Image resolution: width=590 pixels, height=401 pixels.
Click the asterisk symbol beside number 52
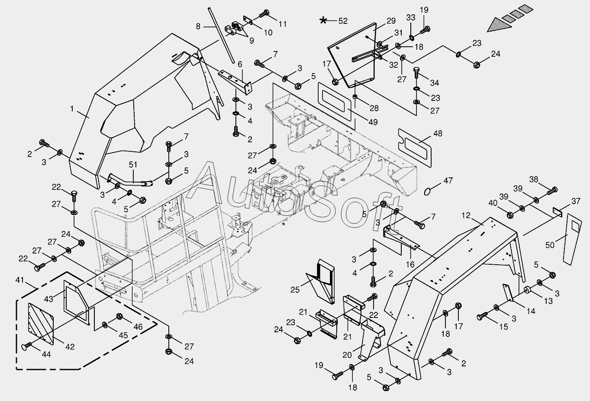323,20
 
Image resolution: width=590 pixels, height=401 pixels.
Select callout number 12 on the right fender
465,215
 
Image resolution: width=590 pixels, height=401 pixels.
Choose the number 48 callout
438,133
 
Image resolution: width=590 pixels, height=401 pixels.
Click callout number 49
373,122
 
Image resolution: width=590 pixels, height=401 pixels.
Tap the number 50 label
550,245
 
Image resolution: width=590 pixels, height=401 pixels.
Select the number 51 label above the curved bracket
133,164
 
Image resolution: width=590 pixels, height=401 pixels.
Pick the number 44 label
45,354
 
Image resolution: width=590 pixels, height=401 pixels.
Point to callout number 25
295,289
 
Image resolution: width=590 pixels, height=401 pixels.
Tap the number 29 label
391,21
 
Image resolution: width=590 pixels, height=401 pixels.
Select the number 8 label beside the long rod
198,26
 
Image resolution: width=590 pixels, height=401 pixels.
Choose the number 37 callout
575,201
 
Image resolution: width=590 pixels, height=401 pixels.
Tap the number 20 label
347,355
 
